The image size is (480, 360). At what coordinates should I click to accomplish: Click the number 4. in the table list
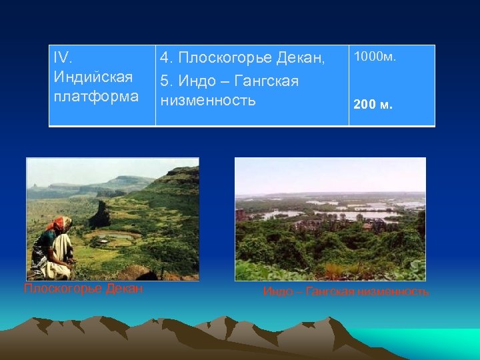[167, 59]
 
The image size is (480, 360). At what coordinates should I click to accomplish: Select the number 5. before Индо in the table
[167, 81]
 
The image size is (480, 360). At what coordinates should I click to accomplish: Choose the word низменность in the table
[207, 101]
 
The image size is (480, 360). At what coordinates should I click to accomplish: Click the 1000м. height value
[375, 57]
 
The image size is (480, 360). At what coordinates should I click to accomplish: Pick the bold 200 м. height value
[373, 104]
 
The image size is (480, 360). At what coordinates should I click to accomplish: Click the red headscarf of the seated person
[59, 223]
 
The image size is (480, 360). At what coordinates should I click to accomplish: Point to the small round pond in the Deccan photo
[121, 235]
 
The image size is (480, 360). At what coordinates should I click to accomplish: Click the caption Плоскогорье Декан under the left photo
[83, 289]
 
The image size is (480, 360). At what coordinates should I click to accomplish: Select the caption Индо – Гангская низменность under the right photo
[346, 292]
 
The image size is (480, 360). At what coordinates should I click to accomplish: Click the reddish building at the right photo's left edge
[241, 215]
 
